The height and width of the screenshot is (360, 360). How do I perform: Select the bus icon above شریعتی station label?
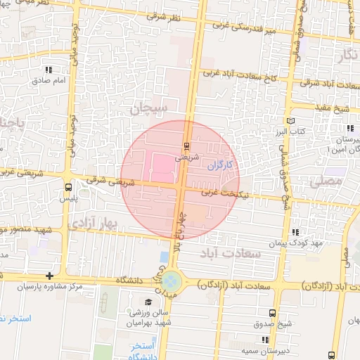[x=186, y=146]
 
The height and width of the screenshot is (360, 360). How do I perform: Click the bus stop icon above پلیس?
[x=68, y=188]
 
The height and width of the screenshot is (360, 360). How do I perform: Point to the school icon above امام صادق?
[x=49, y=70]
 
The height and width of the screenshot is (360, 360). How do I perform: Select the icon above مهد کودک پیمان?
[x=295, y=231]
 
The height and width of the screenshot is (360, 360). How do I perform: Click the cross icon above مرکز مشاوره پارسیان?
[x=49, y=276]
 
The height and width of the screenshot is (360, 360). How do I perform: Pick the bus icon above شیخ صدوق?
[x=273, y=313]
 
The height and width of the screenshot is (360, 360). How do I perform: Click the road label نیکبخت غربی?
[x=224, y=191]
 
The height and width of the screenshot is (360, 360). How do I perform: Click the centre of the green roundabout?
[x=172, y=283]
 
